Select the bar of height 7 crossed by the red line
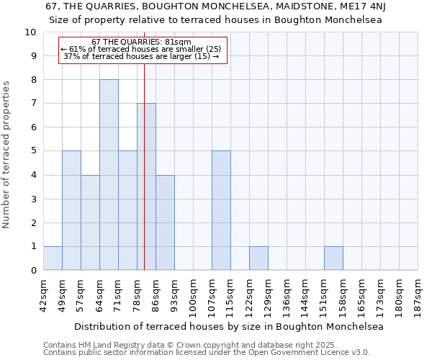click(x=146, y=186)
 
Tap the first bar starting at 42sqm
click(x=53, y=258)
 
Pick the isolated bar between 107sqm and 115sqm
click(x=221, y=210)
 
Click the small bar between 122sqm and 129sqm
click(x=258, y=258)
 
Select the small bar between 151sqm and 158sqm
click(x=333, y=258)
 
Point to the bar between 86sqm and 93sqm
click(x=165, y=222)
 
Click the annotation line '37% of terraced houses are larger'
click(x=142, y=56)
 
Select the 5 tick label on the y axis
click(x=33, y=151)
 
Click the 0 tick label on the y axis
click(x=33, y=271)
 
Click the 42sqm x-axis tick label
click(x=44, y=292)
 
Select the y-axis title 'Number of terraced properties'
click(x=7, y=155)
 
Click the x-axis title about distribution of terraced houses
click(x=229, y=326)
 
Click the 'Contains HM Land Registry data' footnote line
click(x=190, y=345)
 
